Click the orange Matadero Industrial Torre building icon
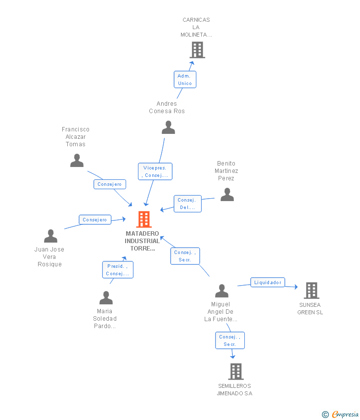tap(144, 219)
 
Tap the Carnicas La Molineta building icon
tap(197, 50)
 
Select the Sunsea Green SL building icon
tap(311, 291)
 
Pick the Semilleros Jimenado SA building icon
tap(236, 372)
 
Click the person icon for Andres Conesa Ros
tap(168, 127)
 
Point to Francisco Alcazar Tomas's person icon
tap(77, 161)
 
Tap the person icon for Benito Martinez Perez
tap(227, 195)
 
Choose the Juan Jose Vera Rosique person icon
tap(50, 236)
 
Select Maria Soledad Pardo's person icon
tap(106, 298)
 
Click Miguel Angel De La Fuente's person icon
tap(222, 291)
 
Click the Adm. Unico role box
tap(185, 80)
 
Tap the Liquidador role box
tap(268, 283)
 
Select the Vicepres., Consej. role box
tap(155, 171)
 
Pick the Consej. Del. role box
tap(187, 204)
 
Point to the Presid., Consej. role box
tap(118, 270)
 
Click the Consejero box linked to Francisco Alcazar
tap(110, 184)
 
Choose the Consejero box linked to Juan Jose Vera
tap(95, 220)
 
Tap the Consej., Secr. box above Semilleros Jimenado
tap(230, 340)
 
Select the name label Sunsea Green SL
tap(310, 309)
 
